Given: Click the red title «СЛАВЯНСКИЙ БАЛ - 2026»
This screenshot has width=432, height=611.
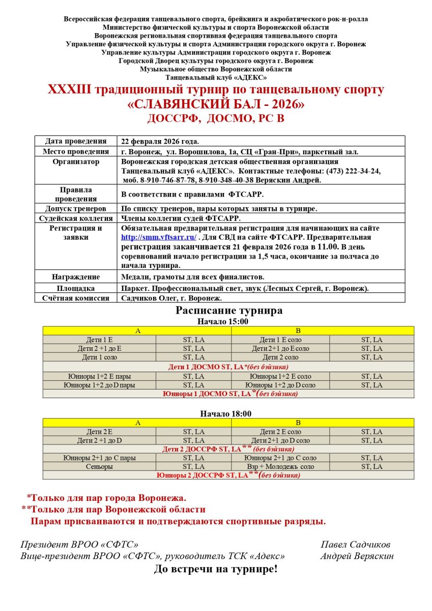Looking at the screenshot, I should (216, 105).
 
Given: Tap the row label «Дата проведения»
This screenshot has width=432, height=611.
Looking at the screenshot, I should (76, 141).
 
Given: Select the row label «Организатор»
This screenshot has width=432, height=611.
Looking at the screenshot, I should (76, 162).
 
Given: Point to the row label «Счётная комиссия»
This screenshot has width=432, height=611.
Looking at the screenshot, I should (76, 298).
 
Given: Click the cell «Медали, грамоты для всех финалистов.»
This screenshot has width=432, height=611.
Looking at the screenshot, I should (192, 277).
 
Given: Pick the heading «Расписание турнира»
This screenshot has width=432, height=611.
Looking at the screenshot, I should (228, 311).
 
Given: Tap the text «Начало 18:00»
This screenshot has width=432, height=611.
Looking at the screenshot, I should (225, 413).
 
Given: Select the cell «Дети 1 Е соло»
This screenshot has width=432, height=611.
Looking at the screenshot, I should (280, 340).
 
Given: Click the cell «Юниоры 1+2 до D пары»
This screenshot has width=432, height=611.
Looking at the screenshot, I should (99, 385).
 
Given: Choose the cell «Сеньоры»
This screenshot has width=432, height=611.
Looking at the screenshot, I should (99, 466).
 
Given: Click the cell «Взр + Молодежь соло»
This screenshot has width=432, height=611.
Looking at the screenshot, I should (280, 466).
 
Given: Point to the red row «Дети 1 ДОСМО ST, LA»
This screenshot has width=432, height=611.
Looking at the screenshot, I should (228, 367).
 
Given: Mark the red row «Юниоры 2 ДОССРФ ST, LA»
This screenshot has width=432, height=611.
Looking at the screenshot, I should (228, 475).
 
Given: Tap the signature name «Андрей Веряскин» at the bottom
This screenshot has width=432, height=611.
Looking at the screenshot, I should (357, 556).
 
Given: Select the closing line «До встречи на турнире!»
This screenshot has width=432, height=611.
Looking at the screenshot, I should (216, 569).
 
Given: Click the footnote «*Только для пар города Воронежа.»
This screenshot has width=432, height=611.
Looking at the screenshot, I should (106, 497).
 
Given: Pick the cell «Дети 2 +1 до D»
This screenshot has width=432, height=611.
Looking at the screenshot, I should (99, 440).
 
